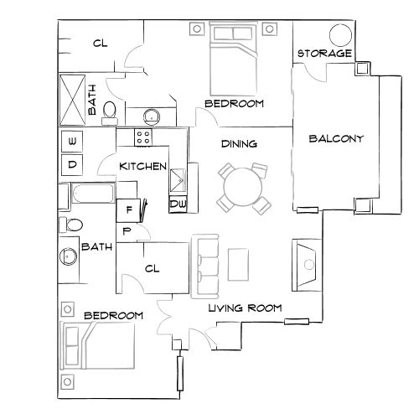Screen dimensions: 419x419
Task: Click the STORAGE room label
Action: [x=324, y=54]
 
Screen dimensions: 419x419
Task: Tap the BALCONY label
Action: [x=336, y=139]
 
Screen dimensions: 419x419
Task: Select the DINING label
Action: [x=239, y=144]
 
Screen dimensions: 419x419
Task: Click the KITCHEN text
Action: [x=142, y=166]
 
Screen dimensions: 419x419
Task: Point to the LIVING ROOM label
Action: [x=244, y=308]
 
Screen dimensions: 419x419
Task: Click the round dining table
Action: [x=241, y=186]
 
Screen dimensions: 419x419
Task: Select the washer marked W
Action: [x=72, y=140]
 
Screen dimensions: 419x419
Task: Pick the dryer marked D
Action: [x=72, y=164]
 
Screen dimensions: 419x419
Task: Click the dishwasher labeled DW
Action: [x=178, y=203]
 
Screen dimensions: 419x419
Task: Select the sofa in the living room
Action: [x=205, y=266]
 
